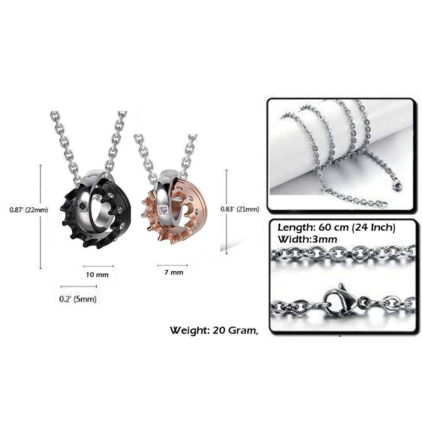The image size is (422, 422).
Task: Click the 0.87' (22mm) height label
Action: (x=29, y=210)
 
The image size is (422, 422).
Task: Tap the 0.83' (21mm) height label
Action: (x=240, y=209)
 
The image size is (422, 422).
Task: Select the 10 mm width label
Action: (x=97, y=275)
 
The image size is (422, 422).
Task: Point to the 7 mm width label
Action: (x=174, y=272)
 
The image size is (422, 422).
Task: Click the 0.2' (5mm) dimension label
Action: (x=78, y=299)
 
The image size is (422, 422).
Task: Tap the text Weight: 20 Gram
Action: (x=214, y=330)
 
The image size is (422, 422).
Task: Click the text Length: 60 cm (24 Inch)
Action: (x=336, y=227)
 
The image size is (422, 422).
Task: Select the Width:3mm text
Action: (x=307, y=239)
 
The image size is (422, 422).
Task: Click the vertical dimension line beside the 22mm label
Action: (x=41, y=217)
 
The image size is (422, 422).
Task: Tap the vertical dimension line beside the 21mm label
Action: (x=227, y=212)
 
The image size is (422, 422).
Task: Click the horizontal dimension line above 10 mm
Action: (x=98, y=267)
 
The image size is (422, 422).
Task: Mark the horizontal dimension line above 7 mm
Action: (x=173, y=266)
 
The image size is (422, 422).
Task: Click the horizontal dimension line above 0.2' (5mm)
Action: (x=79, y=286)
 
